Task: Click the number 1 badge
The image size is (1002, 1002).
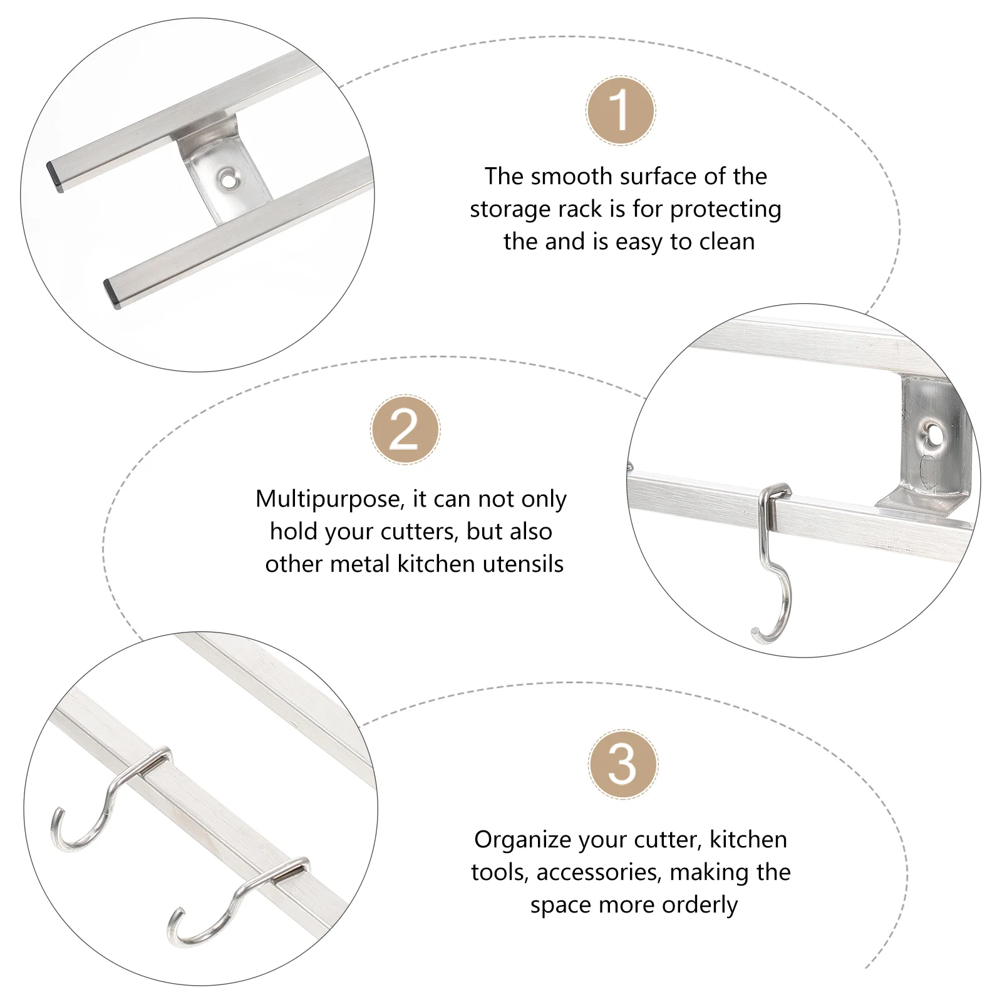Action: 621,111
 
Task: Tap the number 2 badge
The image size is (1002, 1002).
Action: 405,430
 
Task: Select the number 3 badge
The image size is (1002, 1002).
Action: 622,764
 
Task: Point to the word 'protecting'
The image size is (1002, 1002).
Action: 725,210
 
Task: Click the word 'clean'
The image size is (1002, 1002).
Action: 725,242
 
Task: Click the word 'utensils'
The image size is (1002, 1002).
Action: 520,564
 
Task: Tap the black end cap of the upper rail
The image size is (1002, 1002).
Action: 55,177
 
